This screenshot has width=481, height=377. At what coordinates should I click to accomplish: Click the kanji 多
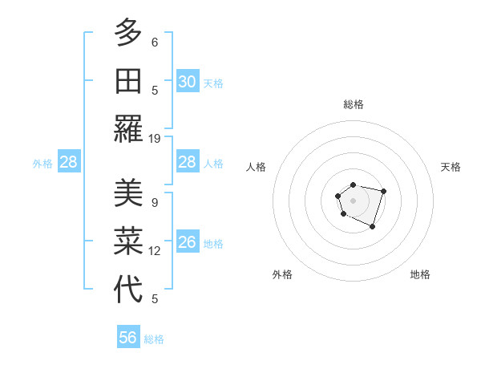(x=128, y=34)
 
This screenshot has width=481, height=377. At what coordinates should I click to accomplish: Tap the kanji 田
(x=128, y=82)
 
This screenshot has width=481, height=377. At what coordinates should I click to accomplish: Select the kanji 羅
(x=128, y=128)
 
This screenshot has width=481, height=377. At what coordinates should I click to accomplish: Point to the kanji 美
(x=128, y=195)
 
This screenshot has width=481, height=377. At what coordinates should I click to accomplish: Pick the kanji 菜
(x=128, y=242)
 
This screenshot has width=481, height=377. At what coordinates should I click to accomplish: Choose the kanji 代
(x=128, y=289)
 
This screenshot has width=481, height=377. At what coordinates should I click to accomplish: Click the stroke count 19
(x=155, y=138)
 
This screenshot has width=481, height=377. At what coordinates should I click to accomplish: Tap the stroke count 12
(x=155, y=251)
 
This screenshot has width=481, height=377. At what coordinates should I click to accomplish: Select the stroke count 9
(x=155, y=203)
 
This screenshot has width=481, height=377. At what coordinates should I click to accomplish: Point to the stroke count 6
(x=155, y=42)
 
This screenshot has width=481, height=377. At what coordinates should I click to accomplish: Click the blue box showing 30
(x=187, y=82)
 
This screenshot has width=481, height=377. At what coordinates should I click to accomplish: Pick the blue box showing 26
(x=187, y=242)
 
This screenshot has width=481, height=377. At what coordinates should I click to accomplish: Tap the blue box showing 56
(x=128, y=338)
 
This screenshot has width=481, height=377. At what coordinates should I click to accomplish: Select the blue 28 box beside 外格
(x=68, y=163)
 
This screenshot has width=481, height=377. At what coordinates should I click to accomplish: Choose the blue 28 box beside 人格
(x=187, y=162)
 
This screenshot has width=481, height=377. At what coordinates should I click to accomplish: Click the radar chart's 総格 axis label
(x=353, y=104)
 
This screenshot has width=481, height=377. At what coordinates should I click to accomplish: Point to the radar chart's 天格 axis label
(x=451, y=167)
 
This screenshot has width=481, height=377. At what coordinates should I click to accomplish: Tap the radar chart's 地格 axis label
(x=420, y=274)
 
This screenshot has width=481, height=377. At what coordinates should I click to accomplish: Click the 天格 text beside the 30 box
(x=212, y=83)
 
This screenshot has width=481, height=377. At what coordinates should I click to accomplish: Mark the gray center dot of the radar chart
(x=353, y=200)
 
